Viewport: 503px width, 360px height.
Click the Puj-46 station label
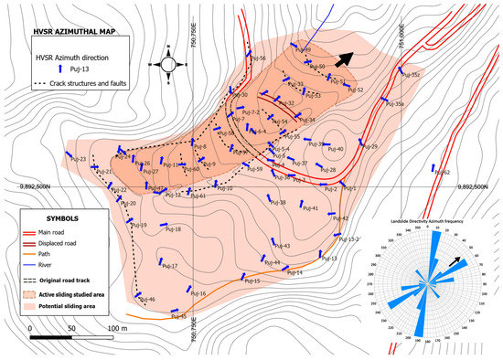(147, 300)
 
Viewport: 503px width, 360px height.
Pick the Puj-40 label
(335, 149)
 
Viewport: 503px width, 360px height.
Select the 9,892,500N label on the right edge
(475, 186)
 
